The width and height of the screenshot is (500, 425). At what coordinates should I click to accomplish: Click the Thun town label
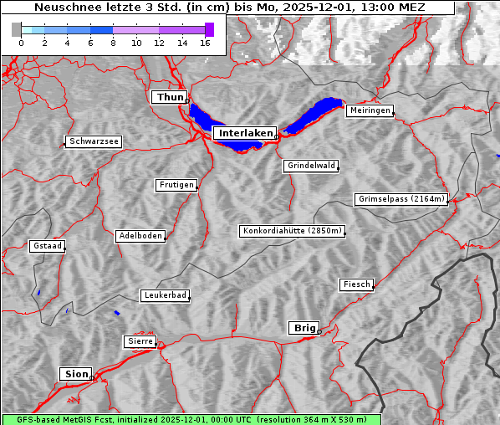170,98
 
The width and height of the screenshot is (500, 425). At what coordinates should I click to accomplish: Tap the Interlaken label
245,133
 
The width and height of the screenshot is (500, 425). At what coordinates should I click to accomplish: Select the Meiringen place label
369,110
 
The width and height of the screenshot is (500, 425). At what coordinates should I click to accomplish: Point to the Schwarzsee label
94,141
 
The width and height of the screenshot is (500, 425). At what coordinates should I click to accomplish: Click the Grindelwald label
311,166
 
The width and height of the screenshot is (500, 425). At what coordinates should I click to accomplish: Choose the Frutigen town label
176,185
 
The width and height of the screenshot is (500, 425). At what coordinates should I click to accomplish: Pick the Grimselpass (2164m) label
401,199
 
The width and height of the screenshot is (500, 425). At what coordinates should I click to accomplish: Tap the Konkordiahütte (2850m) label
292,231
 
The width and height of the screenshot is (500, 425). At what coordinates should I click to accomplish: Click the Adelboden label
140,236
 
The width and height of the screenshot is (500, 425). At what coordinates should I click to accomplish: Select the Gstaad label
47,246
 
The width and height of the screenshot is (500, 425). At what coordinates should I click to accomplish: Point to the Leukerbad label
165,295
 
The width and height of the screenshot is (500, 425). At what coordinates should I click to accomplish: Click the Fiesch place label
356,284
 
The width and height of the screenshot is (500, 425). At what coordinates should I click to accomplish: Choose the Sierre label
140,341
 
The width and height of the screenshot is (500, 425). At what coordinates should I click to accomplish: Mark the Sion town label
75,374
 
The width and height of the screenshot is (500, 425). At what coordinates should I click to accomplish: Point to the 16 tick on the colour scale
205,44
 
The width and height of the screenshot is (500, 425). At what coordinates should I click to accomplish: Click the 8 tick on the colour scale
113,44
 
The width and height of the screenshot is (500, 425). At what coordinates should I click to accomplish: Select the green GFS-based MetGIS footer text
191,419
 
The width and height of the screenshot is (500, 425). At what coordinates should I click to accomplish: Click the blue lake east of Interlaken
314,115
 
